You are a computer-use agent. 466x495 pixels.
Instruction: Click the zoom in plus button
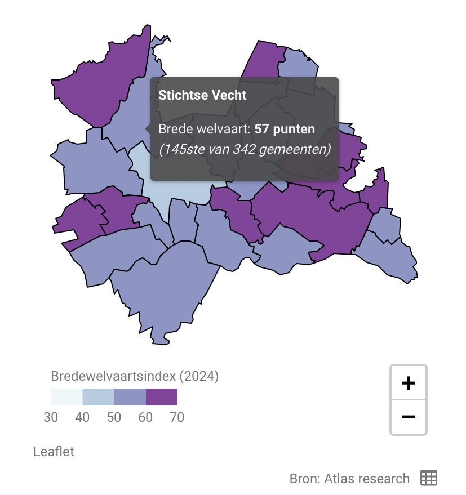click(x=408, y=383)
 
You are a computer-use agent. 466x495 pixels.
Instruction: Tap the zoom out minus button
click(x=408, y=417)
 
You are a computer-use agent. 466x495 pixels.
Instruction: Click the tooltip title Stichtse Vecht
click(x=202, y=95)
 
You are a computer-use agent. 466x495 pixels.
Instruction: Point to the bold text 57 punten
click(x=285, y=129)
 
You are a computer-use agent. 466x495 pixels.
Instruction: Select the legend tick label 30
click(x=51, y=417)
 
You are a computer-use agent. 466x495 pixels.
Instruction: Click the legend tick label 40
click(x=82, y=417)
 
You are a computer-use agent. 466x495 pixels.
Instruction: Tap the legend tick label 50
click(x=114, y=417)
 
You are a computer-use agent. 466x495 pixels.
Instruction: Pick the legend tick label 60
click(x=145, y=417)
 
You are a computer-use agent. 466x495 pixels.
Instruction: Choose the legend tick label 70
click(x=176, y=417)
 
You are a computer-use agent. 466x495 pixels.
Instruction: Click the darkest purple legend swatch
click(x=161, y=397)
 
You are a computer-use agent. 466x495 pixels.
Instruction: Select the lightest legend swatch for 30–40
click(x=66, y=397)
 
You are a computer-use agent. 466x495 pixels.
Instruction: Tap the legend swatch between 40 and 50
click(x=98, y=397)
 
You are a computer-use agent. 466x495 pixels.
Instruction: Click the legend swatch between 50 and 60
click(x=130, y=397)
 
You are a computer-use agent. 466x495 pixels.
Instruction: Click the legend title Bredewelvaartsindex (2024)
click(x=135, y=376)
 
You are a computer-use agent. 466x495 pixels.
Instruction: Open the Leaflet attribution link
click(x=54, y=451)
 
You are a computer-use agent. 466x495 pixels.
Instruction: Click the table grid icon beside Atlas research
click(x=429, y=478)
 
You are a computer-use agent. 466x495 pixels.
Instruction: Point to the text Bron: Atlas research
click(x=349, y=479)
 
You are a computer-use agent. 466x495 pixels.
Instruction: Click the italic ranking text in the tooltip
click(x=244, y=150)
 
